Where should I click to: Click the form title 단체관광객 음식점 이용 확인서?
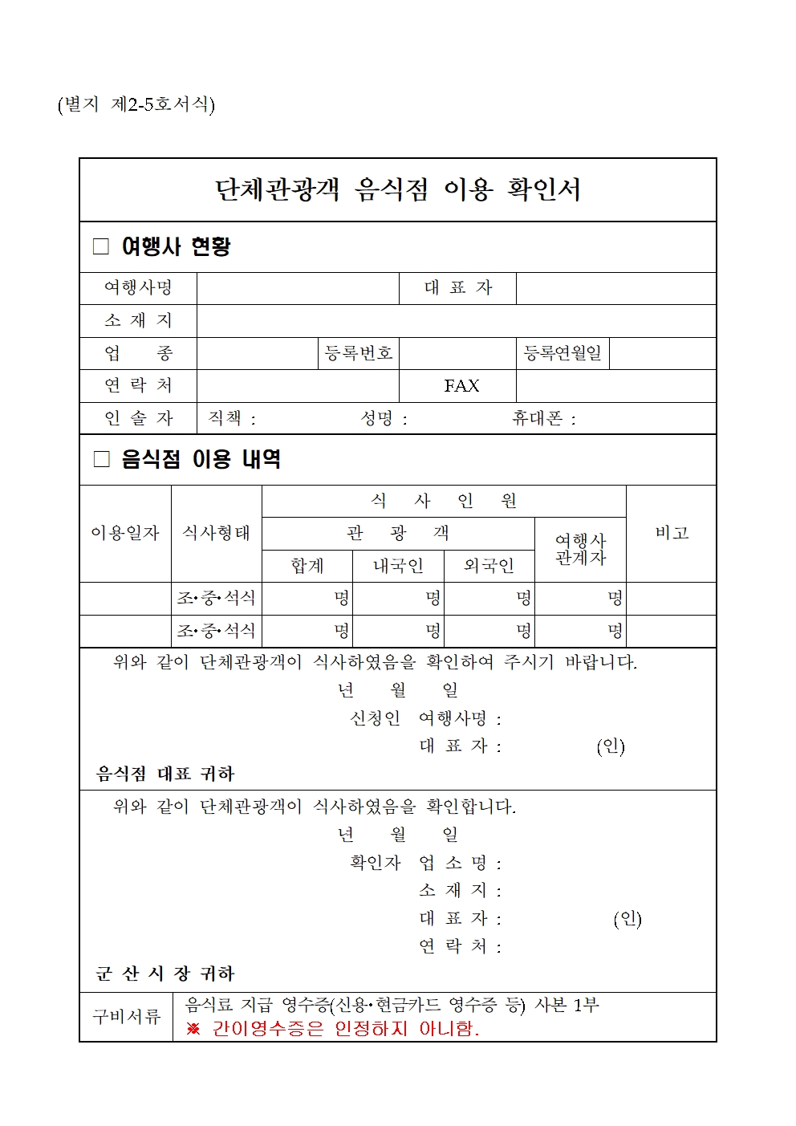click(x=397, y=189)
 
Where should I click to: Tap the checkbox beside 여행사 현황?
click(x=101, y=246)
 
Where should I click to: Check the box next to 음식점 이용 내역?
click(x=101, y=459)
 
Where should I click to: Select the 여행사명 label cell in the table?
click(x=138, y=288)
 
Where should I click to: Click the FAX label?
click(x=461, y=386)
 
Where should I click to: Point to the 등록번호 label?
click(x=359, y=353)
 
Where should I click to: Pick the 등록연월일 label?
click(x=562, y=353)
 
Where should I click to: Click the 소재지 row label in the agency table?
click(x=138, y=321)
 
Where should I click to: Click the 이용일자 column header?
click(x=125, y=533)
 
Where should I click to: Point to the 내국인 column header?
click(x=398, y=566)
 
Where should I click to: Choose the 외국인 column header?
click(x=489, y=566)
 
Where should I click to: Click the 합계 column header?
click(x=307, y=566)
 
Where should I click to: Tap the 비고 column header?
click(x=672, y=533)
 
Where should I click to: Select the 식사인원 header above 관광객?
click(x=444, y=501)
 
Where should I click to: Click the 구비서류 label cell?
click(x=126, y=1017)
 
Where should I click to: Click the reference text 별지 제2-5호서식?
click(x=136, y=104)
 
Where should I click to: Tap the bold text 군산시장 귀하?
click(x=164, y=974)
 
